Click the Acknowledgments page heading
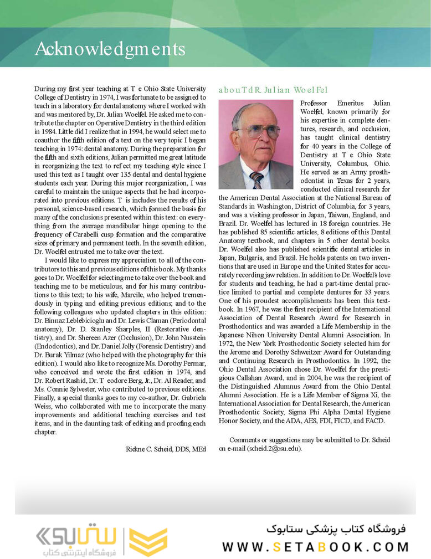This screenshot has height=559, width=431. tap(110, 49)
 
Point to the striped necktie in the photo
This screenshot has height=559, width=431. tap(256, 180)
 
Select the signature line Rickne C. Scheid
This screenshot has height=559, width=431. tap(166, 449)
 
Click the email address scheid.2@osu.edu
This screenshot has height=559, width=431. tap(275, 448)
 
